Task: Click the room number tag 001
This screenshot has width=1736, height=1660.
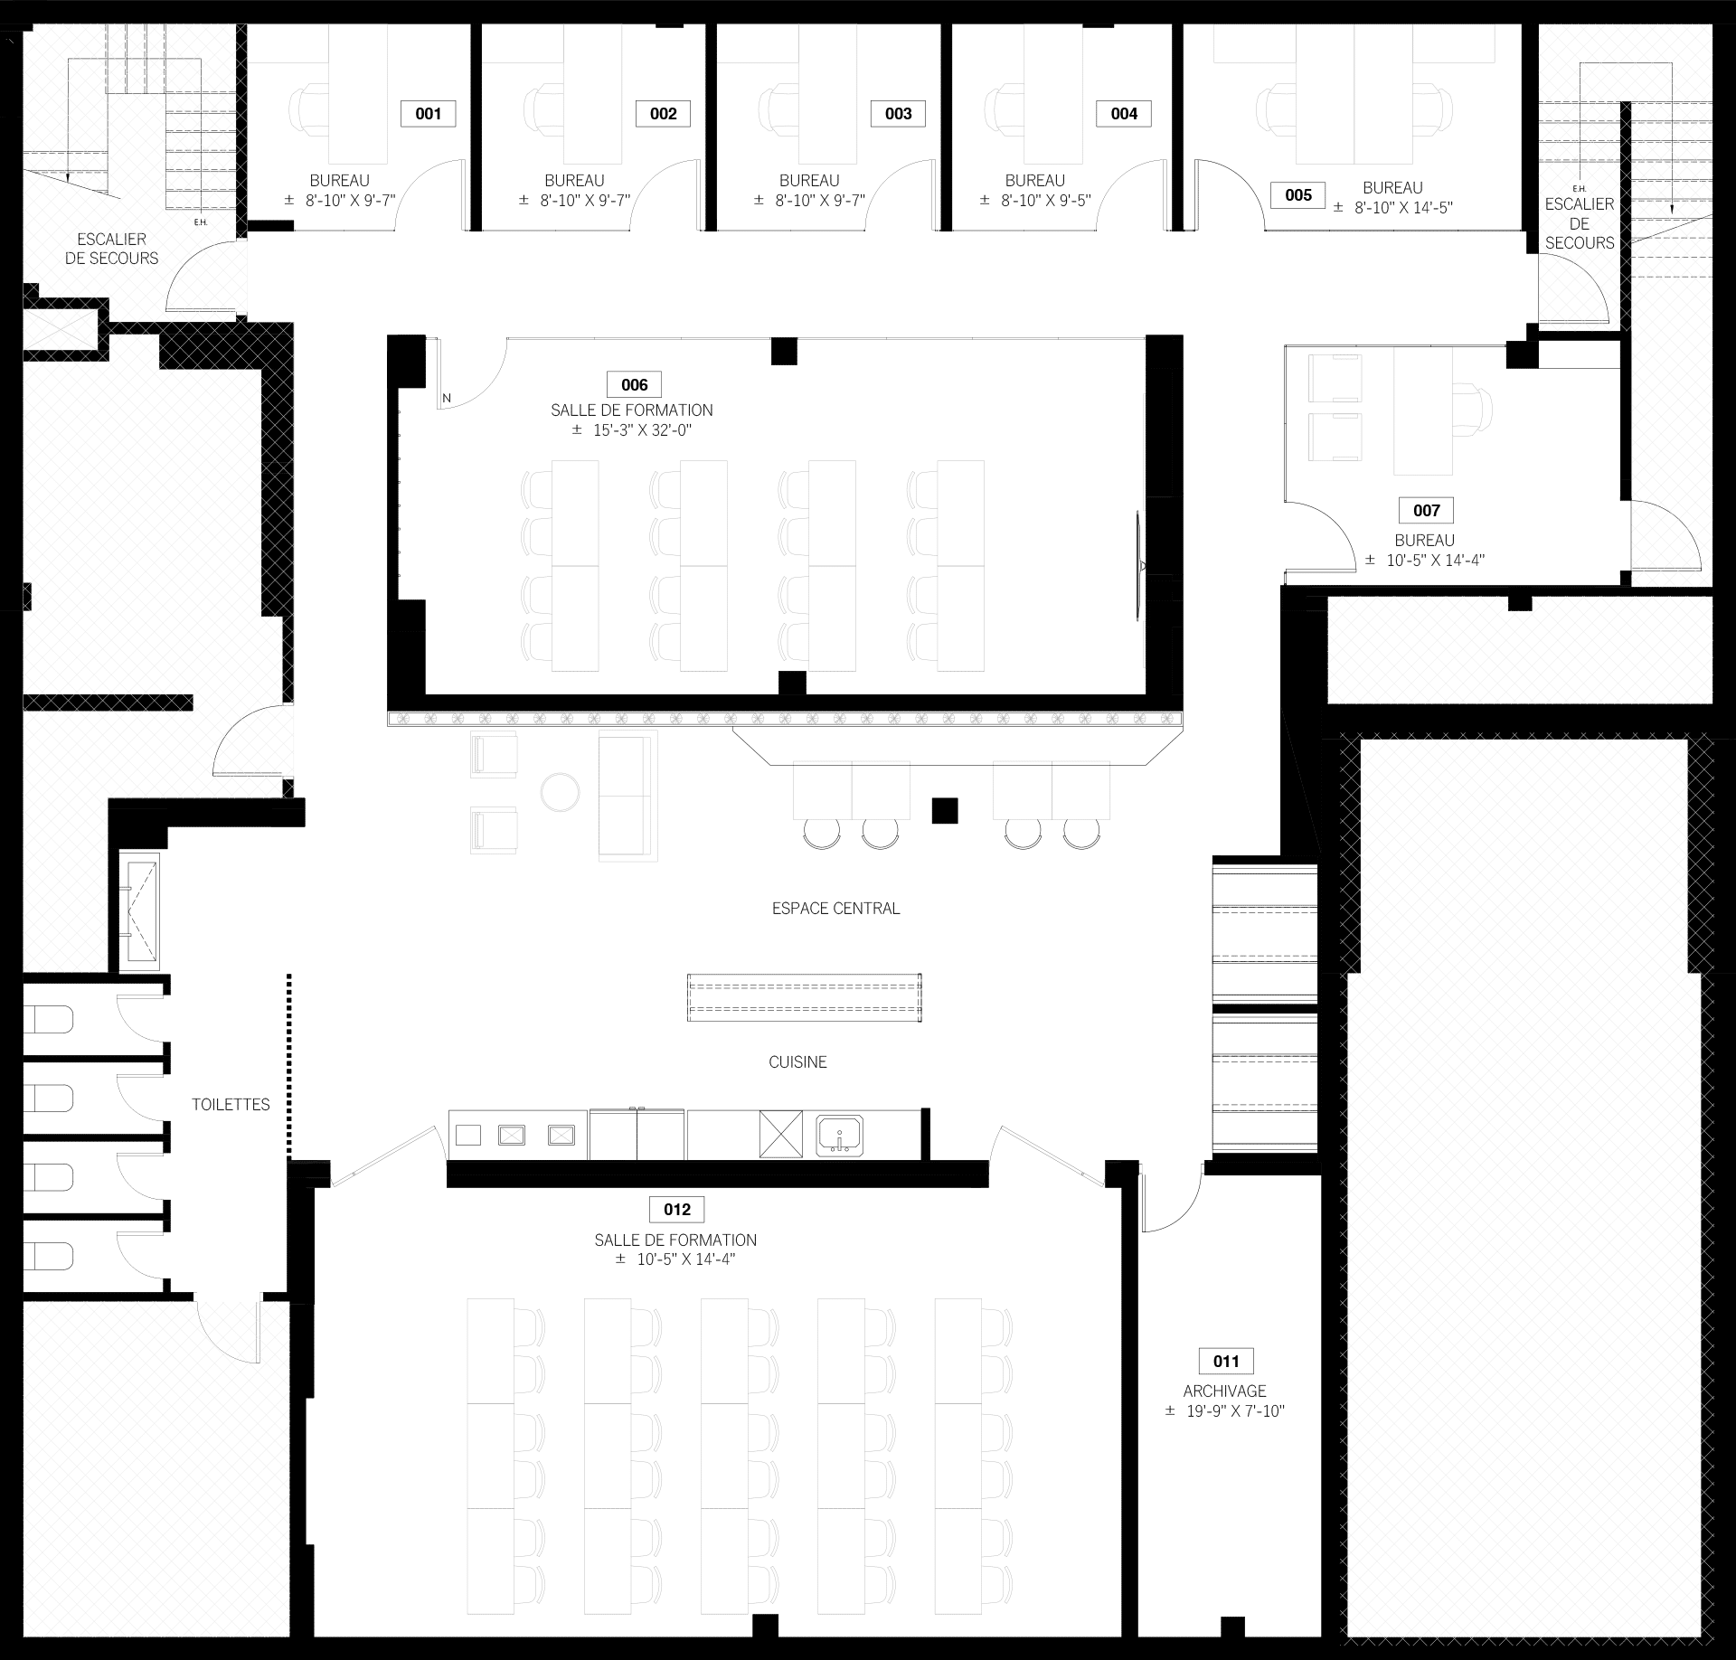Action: [x=428, y=113]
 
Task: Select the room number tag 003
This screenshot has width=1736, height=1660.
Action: [x=898, y=113]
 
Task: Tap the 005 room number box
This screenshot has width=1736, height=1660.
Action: [x=1297, y=194]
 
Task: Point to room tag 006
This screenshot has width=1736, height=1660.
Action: [x=634, y=384]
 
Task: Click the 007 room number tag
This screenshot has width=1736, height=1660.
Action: [x=1426, y=510]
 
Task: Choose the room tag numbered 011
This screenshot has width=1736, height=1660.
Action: [x=1226, y=1361]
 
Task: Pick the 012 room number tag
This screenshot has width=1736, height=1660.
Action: [x=676, y=1209]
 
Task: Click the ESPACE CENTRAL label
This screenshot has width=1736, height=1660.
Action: [x=835, y=909]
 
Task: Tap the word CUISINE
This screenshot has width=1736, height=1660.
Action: [x=797, y=1062]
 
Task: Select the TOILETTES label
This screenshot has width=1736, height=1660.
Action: [x=231, y=1104]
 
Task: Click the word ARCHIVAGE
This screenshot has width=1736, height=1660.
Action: [x=1224, y=1391]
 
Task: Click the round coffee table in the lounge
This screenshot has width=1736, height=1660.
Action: [x=560, y=792]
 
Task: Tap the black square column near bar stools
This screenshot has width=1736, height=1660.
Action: [x=945, y=810]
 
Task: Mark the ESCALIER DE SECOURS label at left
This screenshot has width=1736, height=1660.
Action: [x=111, y=249]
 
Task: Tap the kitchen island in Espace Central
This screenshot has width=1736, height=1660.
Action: [x=804, y=997]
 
